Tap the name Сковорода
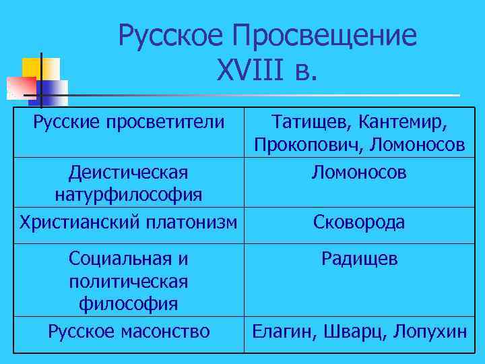pos(359,222)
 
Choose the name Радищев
pos(359,258)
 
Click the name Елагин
pos(284,331)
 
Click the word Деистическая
pos(128,173)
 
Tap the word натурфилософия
pos(128,195)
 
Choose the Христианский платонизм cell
pos(129,222)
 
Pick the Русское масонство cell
pos(129,331)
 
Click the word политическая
pos(128,280)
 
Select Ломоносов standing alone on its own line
pos(359,173)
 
